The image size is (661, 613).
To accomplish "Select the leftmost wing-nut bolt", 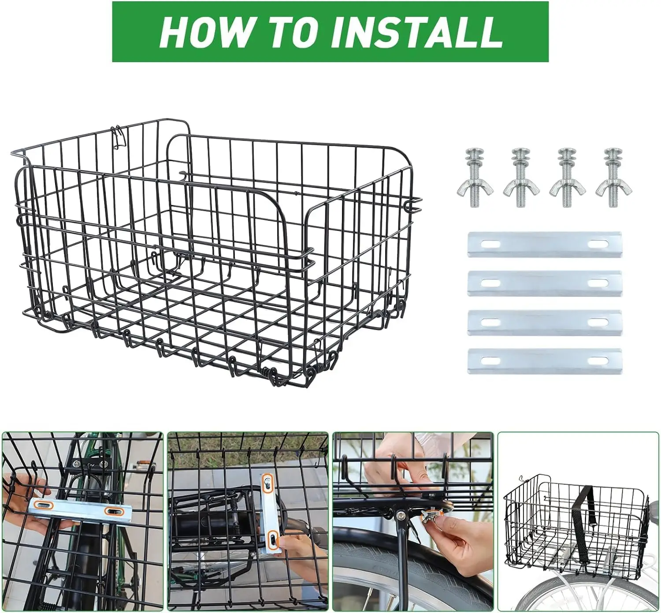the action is click(x=475, y=178).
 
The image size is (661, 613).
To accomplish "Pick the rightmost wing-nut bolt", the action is click(x=613, y=178).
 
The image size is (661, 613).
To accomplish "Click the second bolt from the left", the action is click(x=521, y=178).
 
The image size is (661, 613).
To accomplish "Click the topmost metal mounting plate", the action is click(x=544, y=245).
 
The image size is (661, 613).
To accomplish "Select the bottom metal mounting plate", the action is click(x=544, y=361).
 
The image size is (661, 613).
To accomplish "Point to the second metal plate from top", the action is click(x=544, y=283).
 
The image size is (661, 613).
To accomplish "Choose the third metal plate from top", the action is click(x=544, y=322).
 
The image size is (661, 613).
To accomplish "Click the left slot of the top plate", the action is click(x=491, y=245).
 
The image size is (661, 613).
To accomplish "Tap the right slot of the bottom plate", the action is click(x=598, y=361).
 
